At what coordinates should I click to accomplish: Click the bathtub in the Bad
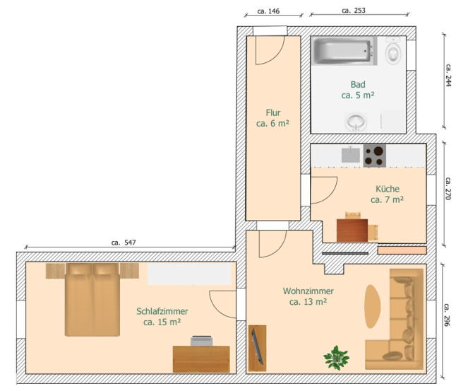click(x=344, y=51)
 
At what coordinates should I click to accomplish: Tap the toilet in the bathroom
click(x=392, y=52)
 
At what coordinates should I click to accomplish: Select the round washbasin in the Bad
click(x=356, y=122)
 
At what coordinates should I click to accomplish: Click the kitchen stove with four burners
click(x=375, y=156)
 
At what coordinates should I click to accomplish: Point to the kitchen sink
click(x=351, y=154)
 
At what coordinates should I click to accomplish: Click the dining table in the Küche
click(x=352, y=230)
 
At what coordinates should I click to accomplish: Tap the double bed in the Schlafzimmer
click(x=92, y=300)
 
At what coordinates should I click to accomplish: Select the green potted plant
click(x=337, y=358)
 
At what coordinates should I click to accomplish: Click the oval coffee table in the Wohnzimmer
click(x=373, y=306)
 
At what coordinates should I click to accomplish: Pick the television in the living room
click(x=258, y=346)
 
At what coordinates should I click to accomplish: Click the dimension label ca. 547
click(x=124, y=243)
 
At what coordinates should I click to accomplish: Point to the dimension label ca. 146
click(x=268, y=11)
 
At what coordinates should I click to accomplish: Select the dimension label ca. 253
click(x=354, y=11)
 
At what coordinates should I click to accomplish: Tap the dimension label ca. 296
click(x=447, y=315)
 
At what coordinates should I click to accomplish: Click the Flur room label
click(x=273, y=112)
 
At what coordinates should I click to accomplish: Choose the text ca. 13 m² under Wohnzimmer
click(x=308, y=302)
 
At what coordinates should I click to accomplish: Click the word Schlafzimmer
click(x=162, y=311)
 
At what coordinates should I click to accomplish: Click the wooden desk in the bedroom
click(x=201, y=359)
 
